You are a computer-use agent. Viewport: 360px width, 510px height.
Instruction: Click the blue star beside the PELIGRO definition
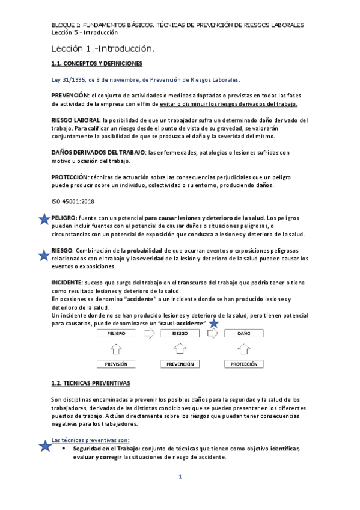click(43, 220)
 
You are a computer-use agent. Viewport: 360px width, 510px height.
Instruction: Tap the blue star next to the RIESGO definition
click(43, 256)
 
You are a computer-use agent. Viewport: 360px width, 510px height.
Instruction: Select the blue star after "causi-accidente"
click(213, 324)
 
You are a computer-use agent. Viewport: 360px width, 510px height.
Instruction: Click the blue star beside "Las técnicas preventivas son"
click(44, 446)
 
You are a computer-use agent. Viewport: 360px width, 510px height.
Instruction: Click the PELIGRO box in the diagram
click(117, 333)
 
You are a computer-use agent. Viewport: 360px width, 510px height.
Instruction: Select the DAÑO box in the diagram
click(243, 333)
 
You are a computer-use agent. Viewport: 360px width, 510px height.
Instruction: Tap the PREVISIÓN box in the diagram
click(117, 364)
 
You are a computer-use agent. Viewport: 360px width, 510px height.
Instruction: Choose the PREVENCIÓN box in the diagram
click(180, 364)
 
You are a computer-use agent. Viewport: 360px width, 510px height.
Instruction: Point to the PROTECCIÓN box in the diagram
click(243, 364)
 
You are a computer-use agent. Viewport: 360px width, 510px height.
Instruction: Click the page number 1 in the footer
click(180, 477)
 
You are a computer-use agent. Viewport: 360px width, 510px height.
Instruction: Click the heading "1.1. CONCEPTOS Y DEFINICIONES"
click(96, 63)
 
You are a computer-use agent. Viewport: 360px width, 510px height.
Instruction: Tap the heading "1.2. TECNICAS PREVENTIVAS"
click(90, 383)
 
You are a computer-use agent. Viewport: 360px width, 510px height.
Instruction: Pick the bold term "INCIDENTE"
click(66, 281)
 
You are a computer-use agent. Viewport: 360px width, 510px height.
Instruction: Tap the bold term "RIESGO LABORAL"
click(76, 121)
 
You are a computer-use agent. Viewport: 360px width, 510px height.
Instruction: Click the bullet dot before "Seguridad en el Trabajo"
click(64, 449)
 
